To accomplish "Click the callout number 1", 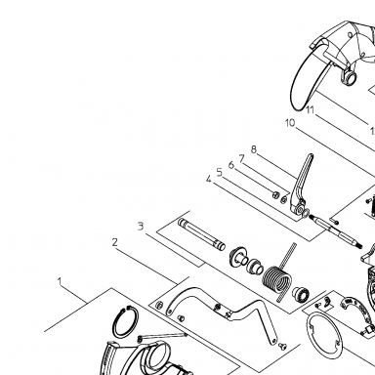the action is pos(60,281).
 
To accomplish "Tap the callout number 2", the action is pos(114,242).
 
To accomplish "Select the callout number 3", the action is pos(141,226).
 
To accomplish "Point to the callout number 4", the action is pos(209,179).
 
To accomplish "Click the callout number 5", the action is pos(220,172).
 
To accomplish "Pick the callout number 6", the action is pos(231,165).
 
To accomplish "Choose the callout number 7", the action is pos(241,158).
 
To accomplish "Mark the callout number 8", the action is pos(254,149).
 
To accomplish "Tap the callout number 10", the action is pos(290,123).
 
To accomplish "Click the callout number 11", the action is pos(311,110).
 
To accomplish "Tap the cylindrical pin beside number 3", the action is pos(201,234).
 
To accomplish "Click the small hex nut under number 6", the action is pos(275,195).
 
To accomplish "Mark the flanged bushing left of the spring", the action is pos(237,257).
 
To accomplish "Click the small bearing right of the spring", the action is pos(300,294).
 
